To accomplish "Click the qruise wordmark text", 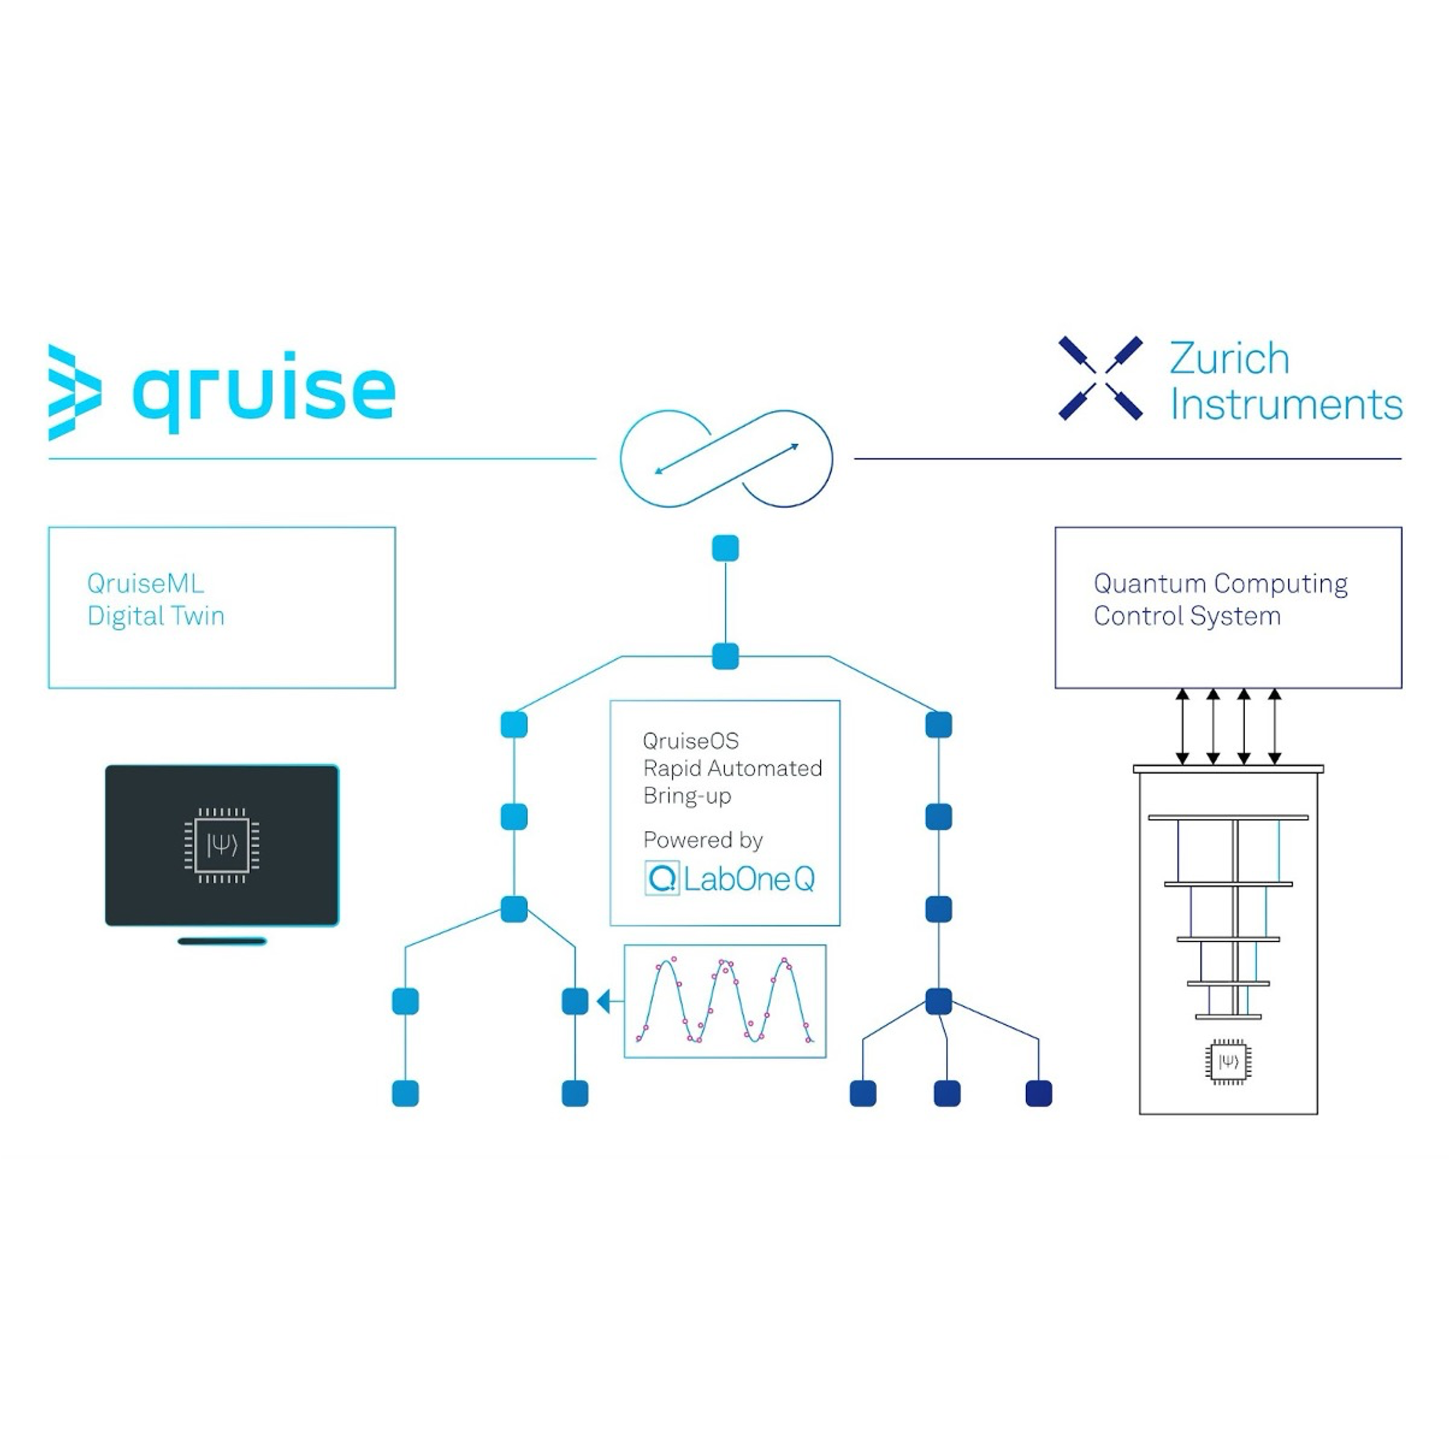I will (x=263, y=389).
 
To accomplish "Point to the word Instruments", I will (x=1286, y=405).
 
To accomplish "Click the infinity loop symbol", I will (x=726, y=458).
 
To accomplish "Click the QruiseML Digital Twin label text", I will (x=155, y=599).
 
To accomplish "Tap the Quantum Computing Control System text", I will (x=1220, y=599).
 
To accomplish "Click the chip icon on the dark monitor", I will (x=222, y=845).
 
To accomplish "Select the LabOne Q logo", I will (x=729, y=878).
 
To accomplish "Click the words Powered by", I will (x=703, y=839).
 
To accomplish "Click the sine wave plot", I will (x=725, y=1001).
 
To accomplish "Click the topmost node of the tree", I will (x=725, y=548).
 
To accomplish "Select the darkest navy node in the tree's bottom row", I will (x=1039, y=1093).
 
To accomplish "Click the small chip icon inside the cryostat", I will (x=1228, y=1062).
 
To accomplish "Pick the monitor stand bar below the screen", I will (x=222, y=941).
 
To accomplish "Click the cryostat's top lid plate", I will (x=1228, y=768).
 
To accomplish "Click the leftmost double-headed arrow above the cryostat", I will (x=1183, y=726).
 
